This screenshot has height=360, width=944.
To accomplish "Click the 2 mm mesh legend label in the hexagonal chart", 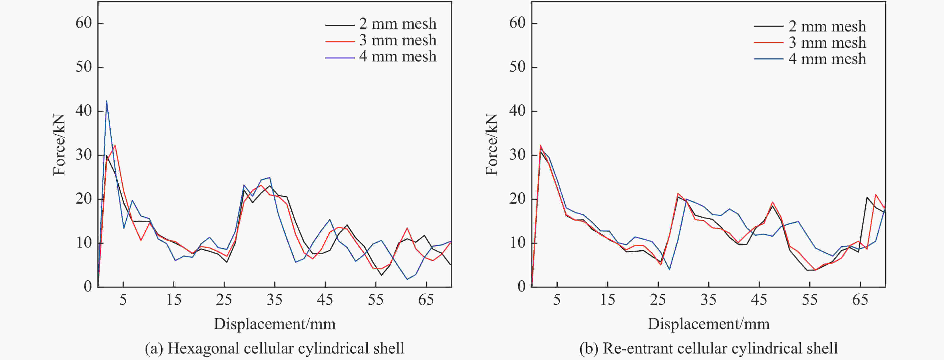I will pyautogui.click(x=398, y=24).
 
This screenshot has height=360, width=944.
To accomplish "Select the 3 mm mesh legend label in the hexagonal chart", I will pyautogui.click(x=398, y=40).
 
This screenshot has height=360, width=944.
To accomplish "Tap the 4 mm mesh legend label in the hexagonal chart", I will pyautogui.click(x=398, y=57).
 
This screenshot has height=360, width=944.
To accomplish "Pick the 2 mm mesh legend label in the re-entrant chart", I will pyautogui.click(x=827, y=26).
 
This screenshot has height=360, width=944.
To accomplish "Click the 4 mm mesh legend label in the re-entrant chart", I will pyautogui.click(x=827, y=59).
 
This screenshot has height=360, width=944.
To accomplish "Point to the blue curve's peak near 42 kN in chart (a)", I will pyautogui.click(x=107, y=101).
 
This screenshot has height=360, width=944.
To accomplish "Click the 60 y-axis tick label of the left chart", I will pyautogui.click(x=84, y=23).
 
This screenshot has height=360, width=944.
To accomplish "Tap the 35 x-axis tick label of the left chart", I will pyautogui.click(x=274, y=300).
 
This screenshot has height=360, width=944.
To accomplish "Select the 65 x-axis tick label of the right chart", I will pyautogui.click(x=860, y=300).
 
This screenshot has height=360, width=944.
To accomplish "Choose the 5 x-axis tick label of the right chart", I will pyautogui.click(x=557, y=300).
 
